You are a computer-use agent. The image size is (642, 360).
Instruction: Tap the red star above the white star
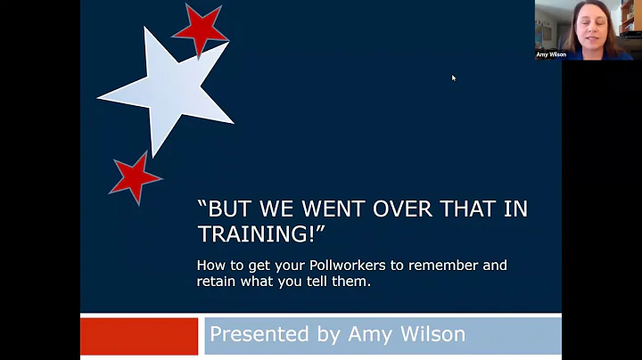click(x=200, y=29)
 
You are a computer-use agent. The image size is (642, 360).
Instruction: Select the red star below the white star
click(x=136, y=176)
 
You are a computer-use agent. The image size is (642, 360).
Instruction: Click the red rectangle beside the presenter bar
click(x=139, y=336)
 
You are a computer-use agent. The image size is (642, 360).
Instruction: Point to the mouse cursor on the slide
click(x=453, y=78)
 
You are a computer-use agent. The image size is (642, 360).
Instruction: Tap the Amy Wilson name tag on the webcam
click(x=551, y=54)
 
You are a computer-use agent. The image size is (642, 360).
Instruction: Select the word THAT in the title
click(x=464, y=210)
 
